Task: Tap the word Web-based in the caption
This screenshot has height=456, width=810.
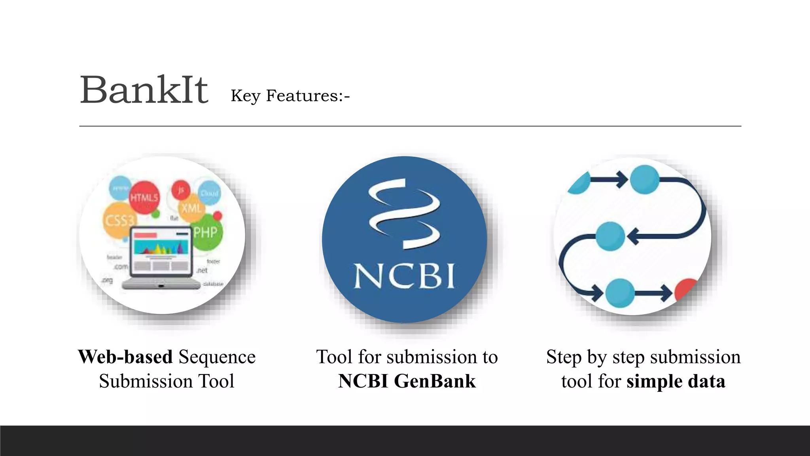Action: click(125, 357)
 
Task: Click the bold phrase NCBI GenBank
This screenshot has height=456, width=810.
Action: click(407, 381)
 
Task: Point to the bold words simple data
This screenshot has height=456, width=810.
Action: click(676, 381)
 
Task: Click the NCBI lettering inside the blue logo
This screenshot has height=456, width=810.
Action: click(404, 275)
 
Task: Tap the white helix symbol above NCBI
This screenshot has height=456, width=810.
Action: click(404, 214)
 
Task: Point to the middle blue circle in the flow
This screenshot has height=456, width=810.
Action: click(610, 236)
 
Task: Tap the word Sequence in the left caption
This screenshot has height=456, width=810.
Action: click(217, 357)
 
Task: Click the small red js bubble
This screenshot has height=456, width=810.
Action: click(181, 190)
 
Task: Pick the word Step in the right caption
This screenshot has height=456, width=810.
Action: click(564, 357)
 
